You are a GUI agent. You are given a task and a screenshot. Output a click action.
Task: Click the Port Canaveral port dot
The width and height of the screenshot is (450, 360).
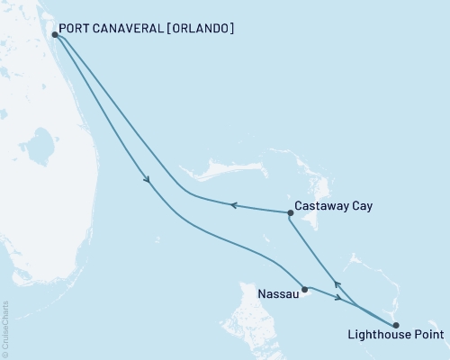tap(56, 35)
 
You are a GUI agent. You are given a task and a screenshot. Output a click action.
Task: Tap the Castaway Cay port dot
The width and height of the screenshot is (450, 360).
tap(290, 213)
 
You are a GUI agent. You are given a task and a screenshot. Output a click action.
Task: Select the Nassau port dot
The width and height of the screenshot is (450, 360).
tap(305, 289)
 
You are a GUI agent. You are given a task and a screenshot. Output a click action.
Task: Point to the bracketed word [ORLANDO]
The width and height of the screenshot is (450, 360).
tap(201, 29)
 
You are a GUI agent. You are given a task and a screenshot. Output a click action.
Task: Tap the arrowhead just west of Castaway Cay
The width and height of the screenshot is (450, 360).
tap(232, 205)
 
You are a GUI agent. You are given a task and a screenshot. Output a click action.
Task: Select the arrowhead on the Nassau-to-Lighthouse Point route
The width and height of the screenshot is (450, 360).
tap(337, 296)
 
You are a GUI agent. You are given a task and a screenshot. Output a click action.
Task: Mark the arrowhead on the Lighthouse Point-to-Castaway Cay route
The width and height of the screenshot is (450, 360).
tap(337, 282)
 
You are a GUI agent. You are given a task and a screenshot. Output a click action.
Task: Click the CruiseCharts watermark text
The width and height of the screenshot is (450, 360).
tap(5, 328)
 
